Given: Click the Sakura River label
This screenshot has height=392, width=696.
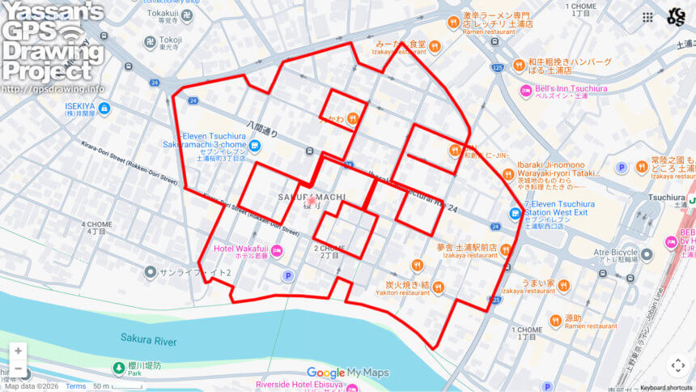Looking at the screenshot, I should (149, 337).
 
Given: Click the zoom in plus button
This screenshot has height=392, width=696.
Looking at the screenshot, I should (18, 352).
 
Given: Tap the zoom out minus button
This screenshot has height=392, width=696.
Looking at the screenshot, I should (18, 369).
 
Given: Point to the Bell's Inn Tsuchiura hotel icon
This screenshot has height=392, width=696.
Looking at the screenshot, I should (526, 88).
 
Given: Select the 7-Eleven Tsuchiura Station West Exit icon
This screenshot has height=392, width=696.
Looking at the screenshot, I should (515, 213).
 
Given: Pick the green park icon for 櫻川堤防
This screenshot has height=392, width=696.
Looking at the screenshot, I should (119, 369).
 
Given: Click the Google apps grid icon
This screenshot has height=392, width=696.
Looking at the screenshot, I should (647, 17).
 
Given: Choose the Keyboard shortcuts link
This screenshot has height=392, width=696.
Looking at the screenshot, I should (661, 387).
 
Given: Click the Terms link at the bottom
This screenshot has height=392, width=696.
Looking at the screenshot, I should (75, 386).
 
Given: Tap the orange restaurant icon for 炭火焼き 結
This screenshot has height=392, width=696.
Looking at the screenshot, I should (438, 287).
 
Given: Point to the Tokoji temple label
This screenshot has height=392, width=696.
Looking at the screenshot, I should (170, 40).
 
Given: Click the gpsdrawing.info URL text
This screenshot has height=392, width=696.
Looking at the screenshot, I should (53, 88).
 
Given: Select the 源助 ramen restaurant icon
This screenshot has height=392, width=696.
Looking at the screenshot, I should (555, 319).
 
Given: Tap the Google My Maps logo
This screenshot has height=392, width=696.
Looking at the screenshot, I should (348, 373).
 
